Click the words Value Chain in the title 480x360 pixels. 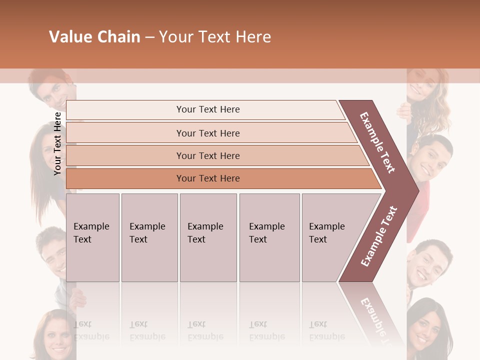point(94,37)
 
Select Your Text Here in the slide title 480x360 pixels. point(215,37)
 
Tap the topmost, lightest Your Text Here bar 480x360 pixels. point(208,109)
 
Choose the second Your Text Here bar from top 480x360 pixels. point(208,133)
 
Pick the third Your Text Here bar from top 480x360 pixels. point(208,155)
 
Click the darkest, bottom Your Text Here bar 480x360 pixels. point(208,178)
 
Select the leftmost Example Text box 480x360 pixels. point(92,237)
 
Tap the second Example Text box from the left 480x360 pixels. point(149,237)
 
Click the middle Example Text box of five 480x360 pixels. point(208,237)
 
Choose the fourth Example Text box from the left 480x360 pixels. point(269,237)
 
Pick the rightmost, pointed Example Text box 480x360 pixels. point(330,237)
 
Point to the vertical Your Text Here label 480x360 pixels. point(57,144)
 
